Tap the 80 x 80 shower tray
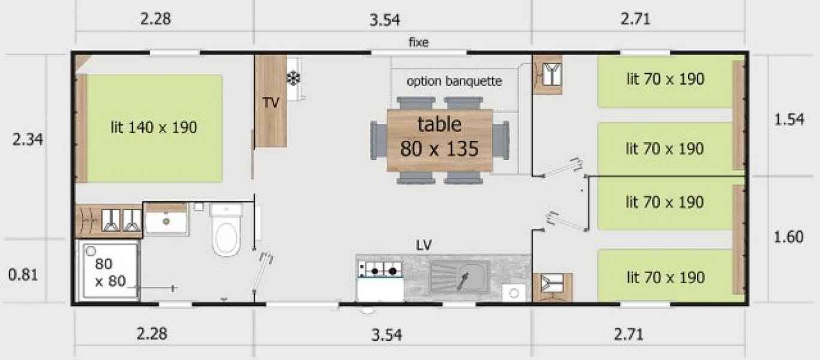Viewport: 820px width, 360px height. click(107, 271)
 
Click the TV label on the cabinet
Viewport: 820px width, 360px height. click(271, 103)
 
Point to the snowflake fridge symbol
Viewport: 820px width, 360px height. click(293, 79)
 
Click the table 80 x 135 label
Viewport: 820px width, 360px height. click(439, 136)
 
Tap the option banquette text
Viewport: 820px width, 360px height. click(454, 81)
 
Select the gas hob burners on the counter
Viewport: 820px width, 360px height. click(381, 270)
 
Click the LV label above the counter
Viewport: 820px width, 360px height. click(424, 245)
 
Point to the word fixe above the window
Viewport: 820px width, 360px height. click(419, 42)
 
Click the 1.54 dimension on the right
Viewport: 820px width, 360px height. click(789, 119)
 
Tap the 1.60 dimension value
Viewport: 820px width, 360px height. click(788, 237)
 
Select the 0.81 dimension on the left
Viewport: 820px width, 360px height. click(23, 275)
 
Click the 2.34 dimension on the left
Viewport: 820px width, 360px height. click(28, 140)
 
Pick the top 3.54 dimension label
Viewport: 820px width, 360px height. click(385, 20)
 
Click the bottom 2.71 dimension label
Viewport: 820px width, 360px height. click(628, 334)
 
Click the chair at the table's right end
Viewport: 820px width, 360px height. click(501, 140)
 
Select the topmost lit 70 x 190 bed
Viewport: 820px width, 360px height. click(665, 82)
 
